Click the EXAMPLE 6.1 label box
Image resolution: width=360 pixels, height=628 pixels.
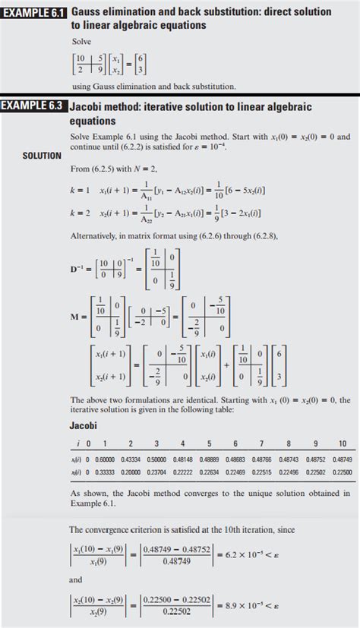(x=34, y=12)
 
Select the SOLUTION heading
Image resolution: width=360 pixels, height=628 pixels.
(x=42, y=156)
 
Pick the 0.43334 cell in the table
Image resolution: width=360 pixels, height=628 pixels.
(x=130, y=459)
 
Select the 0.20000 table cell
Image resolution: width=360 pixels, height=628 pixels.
(x=130, y=472)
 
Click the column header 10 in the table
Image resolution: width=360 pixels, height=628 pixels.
(x=342, y=443)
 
